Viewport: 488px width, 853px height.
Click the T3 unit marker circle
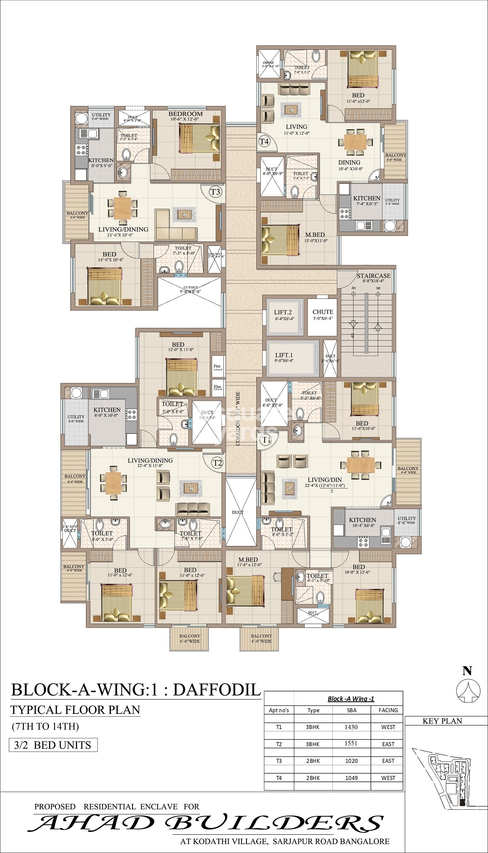(x=215, y=192)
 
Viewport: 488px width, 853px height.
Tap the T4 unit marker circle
(x=264, y=141)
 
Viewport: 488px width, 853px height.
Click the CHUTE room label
(x=323, y=312)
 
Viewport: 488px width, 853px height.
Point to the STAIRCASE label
(x=373, y=276)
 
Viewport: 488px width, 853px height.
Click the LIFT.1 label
(x=284, y=355)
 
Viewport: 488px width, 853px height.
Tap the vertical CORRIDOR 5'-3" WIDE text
(x=238, y=419)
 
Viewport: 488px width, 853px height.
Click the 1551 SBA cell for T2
(x=351, y=743)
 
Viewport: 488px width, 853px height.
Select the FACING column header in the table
(x=388, y=710)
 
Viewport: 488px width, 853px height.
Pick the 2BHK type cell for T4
(x=313, y=778)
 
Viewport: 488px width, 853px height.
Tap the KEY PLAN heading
(x=442, y=721)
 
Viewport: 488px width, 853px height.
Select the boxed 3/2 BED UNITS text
(x=53, y=745)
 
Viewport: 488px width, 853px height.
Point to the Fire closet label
(x=217, y=366)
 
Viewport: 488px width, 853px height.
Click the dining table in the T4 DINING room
(x=356, y=141)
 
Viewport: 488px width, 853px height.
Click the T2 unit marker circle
(x=218, y=463)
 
